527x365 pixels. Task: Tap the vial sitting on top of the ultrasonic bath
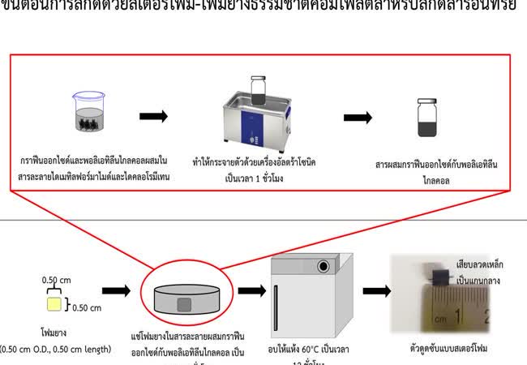tap(259, 86)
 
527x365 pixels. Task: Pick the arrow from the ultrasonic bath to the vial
tap(358, 117)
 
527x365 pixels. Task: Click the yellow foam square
tap(54, 304)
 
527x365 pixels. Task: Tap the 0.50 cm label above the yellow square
tap(54, 280)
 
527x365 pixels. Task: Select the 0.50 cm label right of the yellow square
tap(84, 307)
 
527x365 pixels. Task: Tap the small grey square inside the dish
tap(184, 304)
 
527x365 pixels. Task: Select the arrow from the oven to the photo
tap(378, 290)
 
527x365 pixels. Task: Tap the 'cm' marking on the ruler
tap(440, 319)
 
